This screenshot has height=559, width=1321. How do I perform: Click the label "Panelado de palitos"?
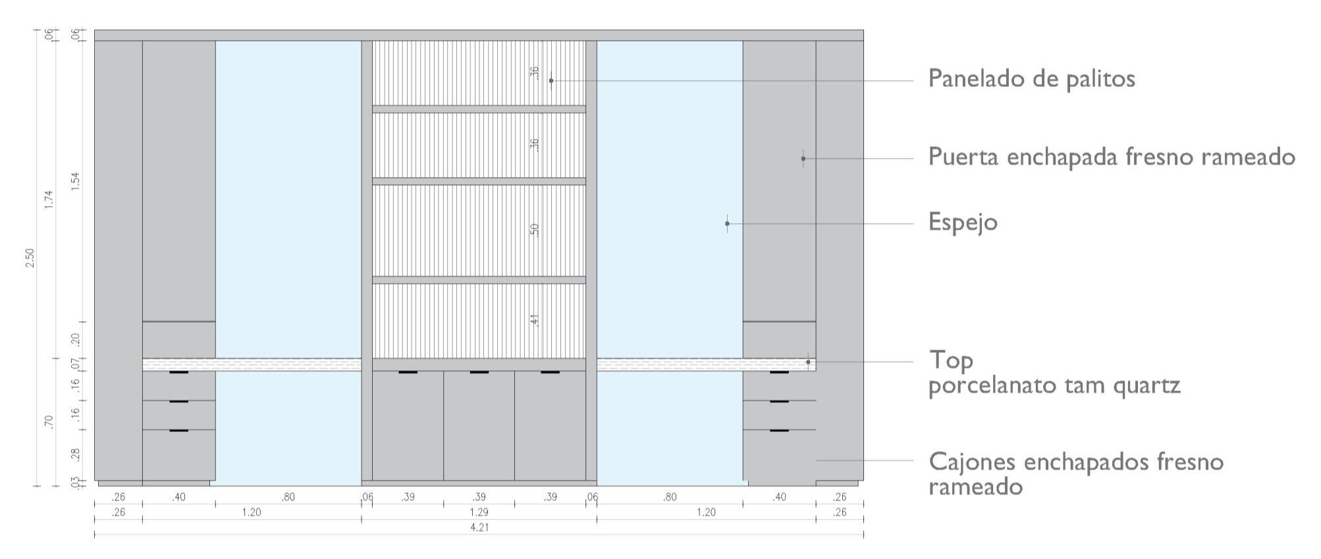point(1031,79)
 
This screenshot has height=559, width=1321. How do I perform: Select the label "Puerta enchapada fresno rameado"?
point(1112,157)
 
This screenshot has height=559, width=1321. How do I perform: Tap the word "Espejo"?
point(963,223)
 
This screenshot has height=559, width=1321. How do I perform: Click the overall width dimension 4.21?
point(479,527)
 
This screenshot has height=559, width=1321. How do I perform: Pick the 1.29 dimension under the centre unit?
point(479,512)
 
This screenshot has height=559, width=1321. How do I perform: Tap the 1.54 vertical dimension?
point(75,182)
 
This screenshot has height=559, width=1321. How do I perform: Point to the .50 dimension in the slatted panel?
point(535,230)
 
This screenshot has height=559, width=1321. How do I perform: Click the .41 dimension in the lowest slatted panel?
point(535,321)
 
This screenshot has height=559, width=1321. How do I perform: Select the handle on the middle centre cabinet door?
point(479,373)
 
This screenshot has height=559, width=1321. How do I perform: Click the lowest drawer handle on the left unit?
point(178,431)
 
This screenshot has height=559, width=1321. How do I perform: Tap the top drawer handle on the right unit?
point(779,373)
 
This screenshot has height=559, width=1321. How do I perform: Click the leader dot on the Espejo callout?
point(727,224)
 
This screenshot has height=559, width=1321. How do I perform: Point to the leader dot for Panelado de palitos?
point(551,81)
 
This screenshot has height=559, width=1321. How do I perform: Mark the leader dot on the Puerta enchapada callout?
point(803,159)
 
